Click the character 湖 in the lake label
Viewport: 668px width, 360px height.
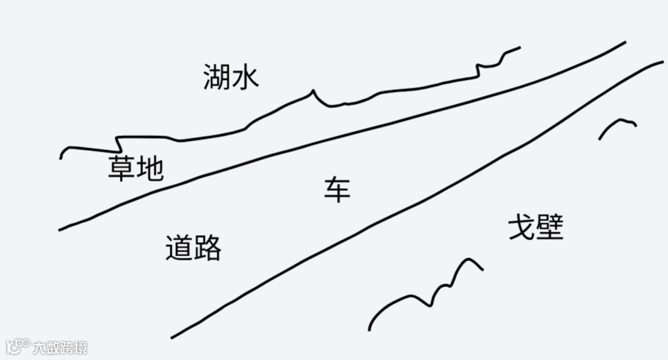click(216, 76)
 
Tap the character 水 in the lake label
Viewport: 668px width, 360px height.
click(246, 76)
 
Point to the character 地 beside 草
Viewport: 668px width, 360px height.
click(149, 168)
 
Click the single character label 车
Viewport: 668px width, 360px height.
click(337, 190)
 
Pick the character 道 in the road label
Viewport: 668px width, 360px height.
click(179, 248)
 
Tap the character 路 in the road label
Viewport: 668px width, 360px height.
click(208, 248)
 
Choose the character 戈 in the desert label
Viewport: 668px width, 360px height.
click(521, 227)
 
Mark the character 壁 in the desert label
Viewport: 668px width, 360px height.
click(550, 227)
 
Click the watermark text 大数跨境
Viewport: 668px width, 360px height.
click(58, 347)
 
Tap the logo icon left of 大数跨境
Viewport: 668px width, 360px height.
click(17, 347)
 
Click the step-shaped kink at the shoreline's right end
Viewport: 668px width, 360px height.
click(479, 67)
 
